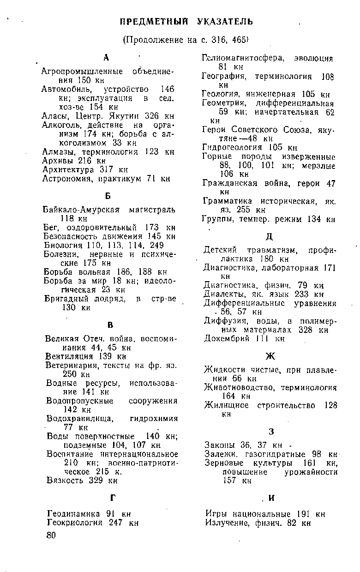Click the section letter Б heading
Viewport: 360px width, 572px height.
[x=107, y=196]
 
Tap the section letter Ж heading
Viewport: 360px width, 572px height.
[x=270, y=356]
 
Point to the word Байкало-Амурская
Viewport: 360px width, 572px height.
[x=78, y=210]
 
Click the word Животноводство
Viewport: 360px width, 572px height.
[x=238, y=387]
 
